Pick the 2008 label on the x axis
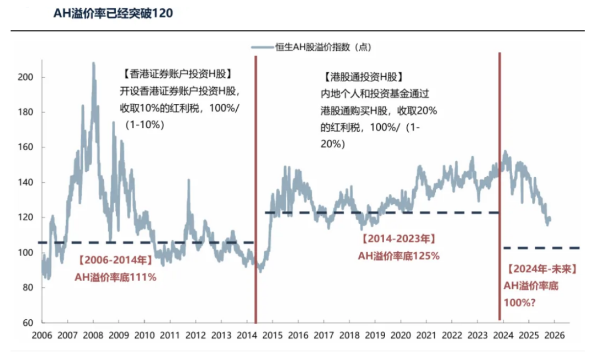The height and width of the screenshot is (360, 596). (x=93, y=335)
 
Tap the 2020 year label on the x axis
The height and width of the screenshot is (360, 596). (x=402, y=335)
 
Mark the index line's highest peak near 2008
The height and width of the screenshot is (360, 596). (x=93, y=63)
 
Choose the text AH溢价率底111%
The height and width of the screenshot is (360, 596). (x=115, y=277)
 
